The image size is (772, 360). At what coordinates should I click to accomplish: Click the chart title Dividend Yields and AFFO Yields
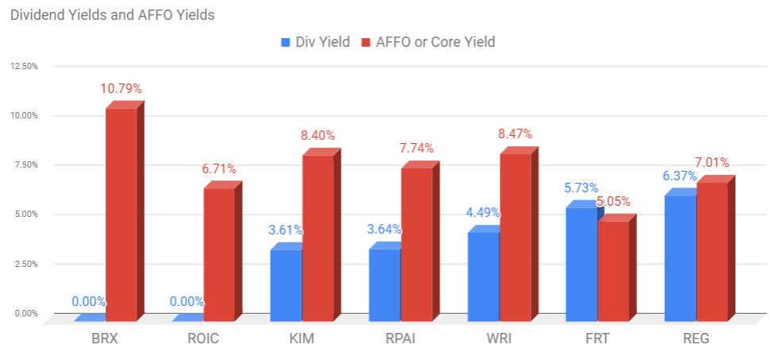coord(112,15)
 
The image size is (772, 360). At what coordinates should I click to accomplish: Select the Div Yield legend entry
coord(315,42)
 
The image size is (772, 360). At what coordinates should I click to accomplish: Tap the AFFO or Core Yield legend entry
coord(428,42)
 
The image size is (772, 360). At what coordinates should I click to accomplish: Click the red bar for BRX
coord(125,211)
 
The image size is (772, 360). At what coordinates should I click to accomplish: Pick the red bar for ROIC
coord(223,251)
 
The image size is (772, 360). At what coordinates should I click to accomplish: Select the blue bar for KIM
coord(286,281)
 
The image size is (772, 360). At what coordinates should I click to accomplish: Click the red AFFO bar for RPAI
coord(420,242)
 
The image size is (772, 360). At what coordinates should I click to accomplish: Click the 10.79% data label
coord(121,89)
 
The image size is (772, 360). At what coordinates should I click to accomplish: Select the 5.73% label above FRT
coord(581,188)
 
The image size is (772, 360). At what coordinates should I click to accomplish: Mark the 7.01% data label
coord(712,163)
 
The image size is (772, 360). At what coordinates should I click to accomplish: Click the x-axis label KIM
coord(303,339)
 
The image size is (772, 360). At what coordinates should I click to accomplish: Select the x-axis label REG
coord(697,339)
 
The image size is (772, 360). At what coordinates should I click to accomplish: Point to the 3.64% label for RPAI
coord(384,230)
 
